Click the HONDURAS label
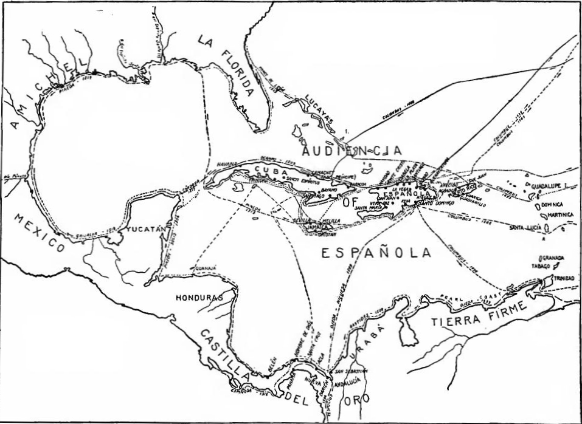(197, 298)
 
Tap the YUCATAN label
(147, 230)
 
